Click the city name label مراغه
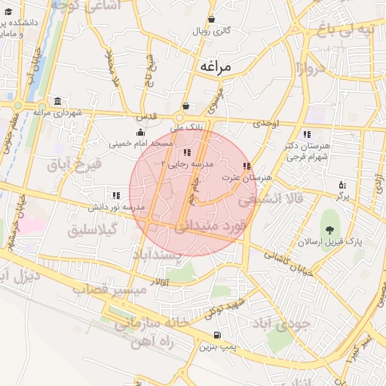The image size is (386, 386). tap(225, 66)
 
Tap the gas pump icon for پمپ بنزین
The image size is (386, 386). tap(218, 335)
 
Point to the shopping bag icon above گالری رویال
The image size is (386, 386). tap(212, 20)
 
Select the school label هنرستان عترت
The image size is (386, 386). tap(247, 177)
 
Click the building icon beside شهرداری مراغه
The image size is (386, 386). tap(58, 102)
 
